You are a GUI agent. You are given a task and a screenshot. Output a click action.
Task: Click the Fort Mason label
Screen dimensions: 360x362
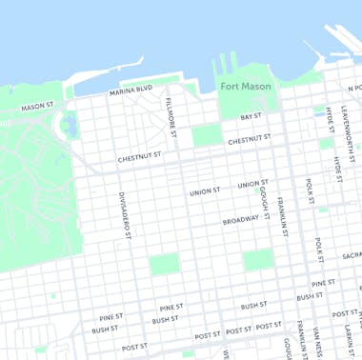tap(246, 86)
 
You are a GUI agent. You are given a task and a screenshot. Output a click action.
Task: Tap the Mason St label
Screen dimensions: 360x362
tap(37, 107)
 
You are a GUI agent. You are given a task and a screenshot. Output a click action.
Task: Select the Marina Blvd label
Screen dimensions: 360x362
tap(131, 90)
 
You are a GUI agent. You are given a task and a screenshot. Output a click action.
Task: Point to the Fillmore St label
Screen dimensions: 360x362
tap(171, 114)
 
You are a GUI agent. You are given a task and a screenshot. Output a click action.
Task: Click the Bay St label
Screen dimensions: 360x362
tap(251, 116)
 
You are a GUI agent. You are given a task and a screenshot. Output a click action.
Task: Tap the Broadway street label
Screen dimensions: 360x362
tap(240, 220)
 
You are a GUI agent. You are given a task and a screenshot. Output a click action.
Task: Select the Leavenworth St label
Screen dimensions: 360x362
tap(350, 125)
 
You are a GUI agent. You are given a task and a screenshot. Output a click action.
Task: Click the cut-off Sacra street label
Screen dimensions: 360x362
tap(352, 255)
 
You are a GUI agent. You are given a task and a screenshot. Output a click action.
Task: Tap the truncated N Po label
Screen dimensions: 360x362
tap(353, 89)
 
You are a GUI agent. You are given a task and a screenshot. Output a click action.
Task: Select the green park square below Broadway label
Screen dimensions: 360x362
tap(256, 260)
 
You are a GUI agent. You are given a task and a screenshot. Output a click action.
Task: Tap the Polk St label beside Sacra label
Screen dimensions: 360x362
tap(318, 250)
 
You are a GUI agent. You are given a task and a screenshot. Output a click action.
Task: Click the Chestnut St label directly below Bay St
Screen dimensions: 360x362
tap(249, 140)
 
